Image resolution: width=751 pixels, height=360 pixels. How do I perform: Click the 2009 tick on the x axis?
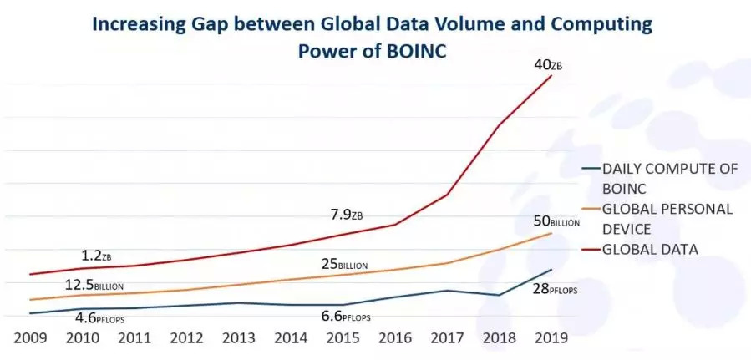[29, 338]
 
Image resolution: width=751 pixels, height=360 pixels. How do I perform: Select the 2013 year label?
[238, 338]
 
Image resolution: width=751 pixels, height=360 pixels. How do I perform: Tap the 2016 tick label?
[395, 338]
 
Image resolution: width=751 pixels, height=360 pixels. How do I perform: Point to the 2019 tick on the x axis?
[551, 338]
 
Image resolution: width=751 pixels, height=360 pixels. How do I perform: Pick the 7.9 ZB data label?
[347, 216]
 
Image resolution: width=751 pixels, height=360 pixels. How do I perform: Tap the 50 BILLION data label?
[554, 221]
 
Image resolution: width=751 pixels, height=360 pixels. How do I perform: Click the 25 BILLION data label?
[345, 265]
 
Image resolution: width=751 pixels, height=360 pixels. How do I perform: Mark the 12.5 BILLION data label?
[94, 285]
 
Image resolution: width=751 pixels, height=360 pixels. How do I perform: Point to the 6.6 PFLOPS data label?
[345, 317]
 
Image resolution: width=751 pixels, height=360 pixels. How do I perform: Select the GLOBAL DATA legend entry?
[649, 248]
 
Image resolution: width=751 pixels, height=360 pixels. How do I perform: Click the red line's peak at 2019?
[551, 75]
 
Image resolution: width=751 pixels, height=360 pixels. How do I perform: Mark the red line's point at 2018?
[500, 125]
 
